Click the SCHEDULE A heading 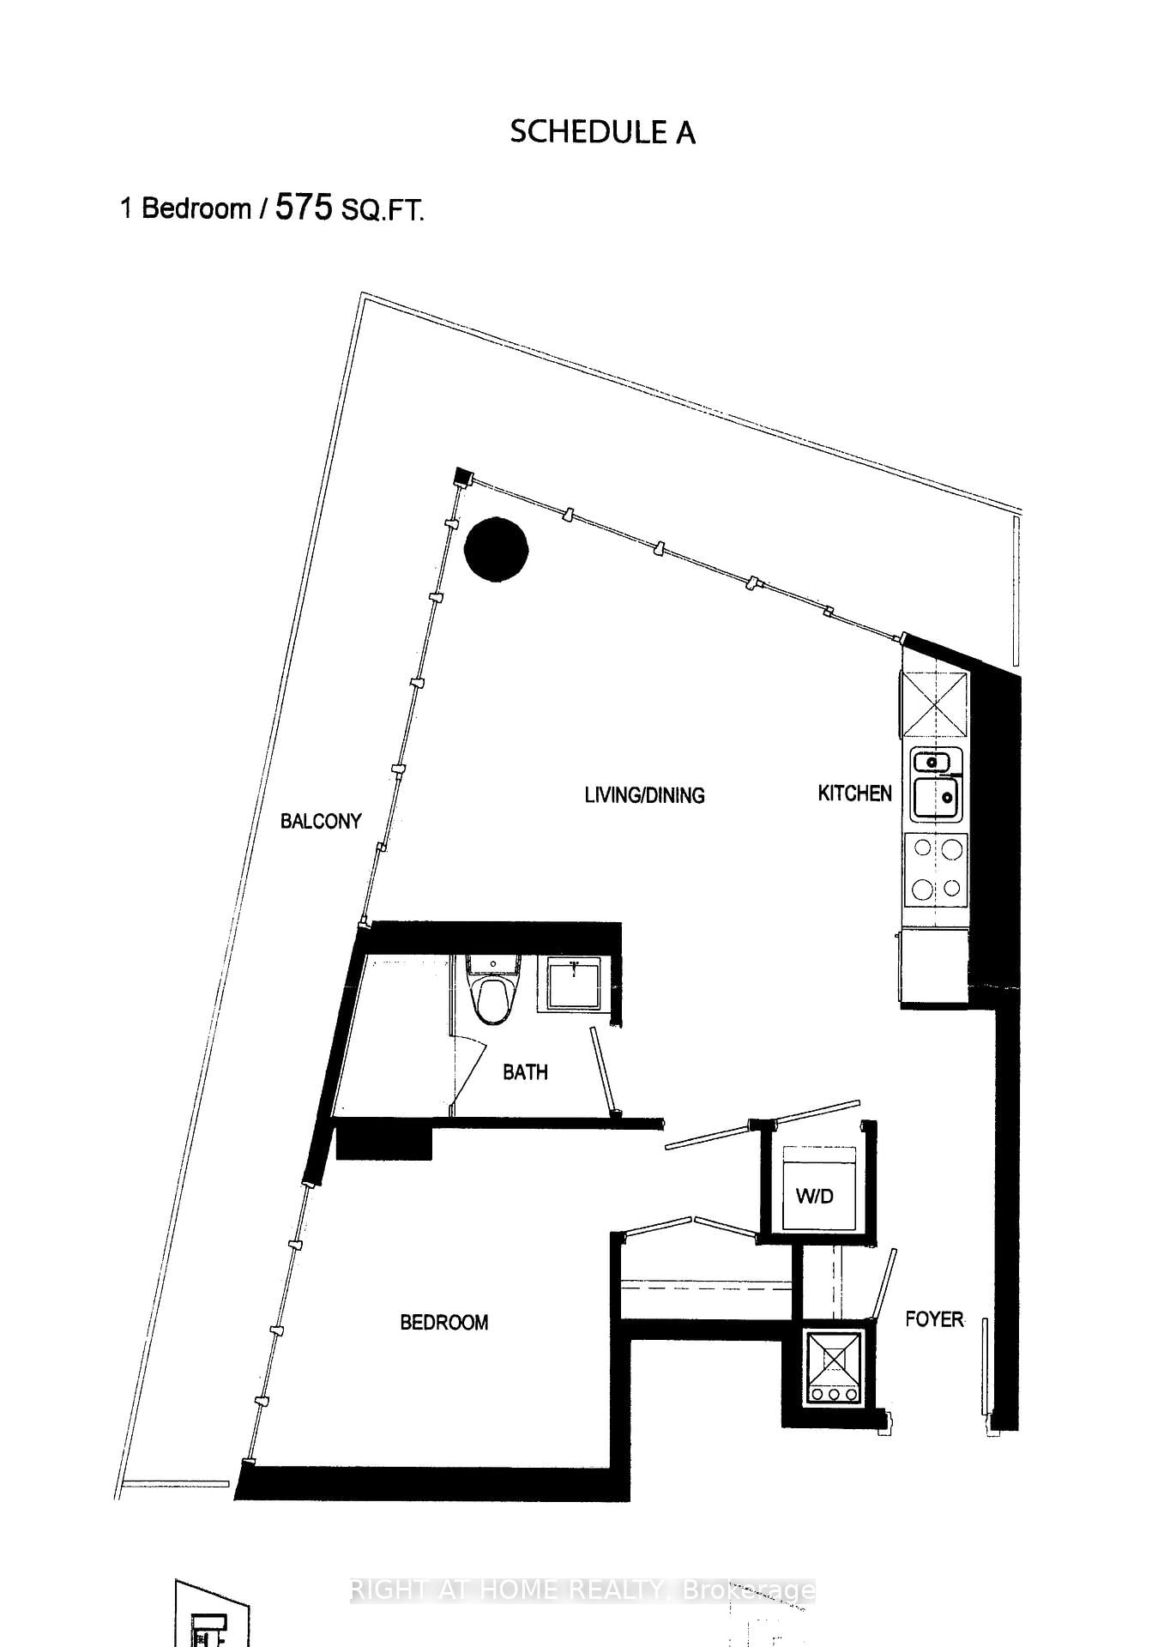point(602,132)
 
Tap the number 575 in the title point(303,208)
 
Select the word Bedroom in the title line point(196,208)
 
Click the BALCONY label point(321,822)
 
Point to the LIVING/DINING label point(644,795)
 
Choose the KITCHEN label point(854,793)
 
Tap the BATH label point(525,1072)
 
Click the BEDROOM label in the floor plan point(443,1322)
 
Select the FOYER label point(934,1319)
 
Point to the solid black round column point(496,550)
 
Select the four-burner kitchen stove point(936,870)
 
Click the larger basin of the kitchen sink point(936,798)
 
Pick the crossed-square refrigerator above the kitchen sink point(934,704)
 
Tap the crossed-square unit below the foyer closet point(835,1367)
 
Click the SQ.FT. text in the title point(383,210)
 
